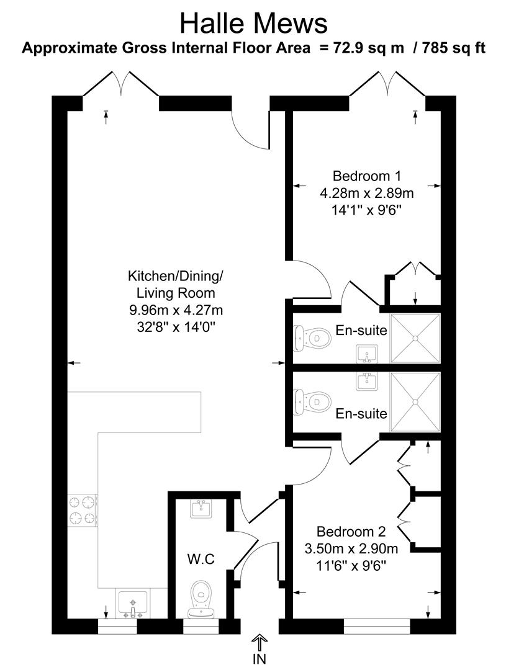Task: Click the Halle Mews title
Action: tap(253, 24)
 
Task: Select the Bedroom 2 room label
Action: tap(351, 532)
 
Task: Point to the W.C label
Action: tap(201, 559)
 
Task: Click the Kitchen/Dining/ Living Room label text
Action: tap(171, 284)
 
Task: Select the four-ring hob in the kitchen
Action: tap(83, 509)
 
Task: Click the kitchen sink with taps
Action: tap(132, 604)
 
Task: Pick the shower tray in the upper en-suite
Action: tap(415, 338)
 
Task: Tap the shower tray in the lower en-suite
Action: tap(415, 401)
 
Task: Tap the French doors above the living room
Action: tap(121, 85)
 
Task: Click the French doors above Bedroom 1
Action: tap(387, 85)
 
